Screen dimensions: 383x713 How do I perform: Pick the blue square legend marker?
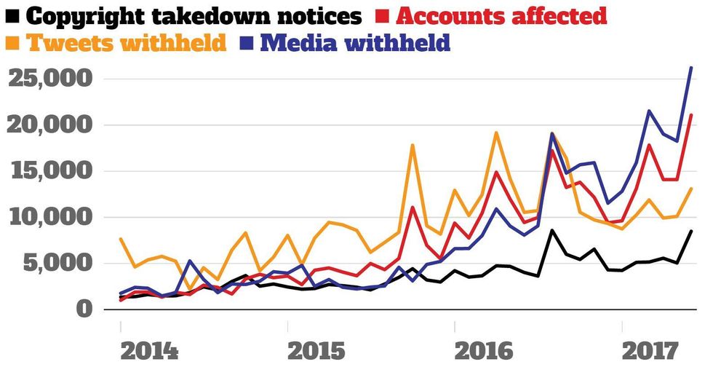(245, 42)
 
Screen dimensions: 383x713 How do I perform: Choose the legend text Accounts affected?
(502, 15)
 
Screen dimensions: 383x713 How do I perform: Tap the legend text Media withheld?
(355, 42)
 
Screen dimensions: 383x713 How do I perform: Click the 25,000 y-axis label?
(50, 79)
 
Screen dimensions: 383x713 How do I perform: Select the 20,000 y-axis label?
(50, 125)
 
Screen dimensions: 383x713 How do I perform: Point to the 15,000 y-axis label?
(50, 171)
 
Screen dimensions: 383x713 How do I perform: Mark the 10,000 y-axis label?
(50, 217)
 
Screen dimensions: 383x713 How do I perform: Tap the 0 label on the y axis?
(85, 309)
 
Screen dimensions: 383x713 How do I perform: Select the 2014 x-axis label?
(148, 351)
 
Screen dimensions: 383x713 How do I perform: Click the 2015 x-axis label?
(316, 351)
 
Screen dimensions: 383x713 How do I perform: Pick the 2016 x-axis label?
(483, 351)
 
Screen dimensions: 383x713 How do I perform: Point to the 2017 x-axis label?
(650, 351)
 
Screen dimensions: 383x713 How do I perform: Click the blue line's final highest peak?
(691, 68)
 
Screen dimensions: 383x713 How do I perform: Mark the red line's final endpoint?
(691, 115)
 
